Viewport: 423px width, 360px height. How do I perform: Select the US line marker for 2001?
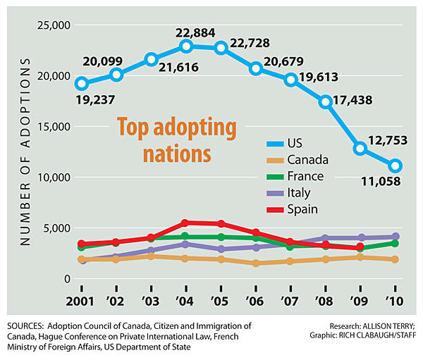coord(82,83)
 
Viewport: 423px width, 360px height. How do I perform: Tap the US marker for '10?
coord(395,166)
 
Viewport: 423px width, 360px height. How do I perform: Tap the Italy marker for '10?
coord(395,237)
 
